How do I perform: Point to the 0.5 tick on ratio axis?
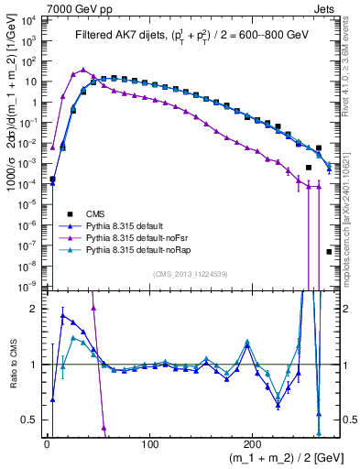click(31, 420)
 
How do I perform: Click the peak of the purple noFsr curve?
click(84, 70)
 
